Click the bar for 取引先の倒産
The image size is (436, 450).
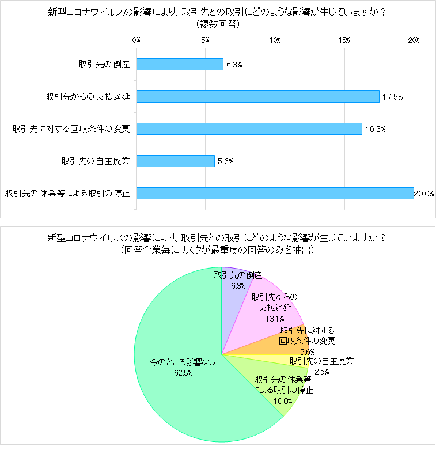tap(180, 64)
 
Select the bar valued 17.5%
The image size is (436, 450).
tap(257, 96)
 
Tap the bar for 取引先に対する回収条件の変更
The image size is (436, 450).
tap(249, 128)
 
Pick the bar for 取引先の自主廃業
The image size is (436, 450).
tap(175, 161)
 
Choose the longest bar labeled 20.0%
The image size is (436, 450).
tap(275, 193)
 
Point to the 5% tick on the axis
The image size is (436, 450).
tap(206, 40)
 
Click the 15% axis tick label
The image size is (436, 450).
tap(344, 40)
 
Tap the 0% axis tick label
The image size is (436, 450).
tap(137, 40)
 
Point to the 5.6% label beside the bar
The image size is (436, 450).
tap(225, 161)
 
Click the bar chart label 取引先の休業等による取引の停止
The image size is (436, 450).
tap(67, 193)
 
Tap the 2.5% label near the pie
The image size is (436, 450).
tap(321, 372)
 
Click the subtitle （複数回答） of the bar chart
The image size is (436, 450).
tap(218, 24)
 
